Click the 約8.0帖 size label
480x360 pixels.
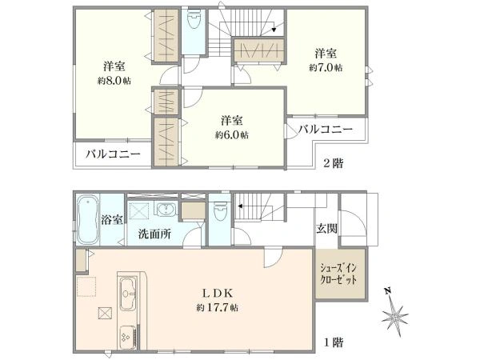[114, 81]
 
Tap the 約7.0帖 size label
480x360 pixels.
[326, 68]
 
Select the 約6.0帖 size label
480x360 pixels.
[232, 134]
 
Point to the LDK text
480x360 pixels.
[218, 294]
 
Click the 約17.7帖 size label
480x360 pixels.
[218, 307]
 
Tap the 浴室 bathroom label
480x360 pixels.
[112, 220]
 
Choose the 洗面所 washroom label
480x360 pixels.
[154, 234]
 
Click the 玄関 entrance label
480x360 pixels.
[327, 228]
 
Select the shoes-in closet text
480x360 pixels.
[338, 274]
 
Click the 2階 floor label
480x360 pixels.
[334, 164]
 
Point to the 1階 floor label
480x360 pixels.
[334, 342]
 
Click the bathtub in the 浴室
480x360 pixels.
[88, 220]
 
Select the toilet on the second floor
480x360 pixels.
[193, 19]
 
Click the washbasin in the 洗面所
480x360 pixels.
[167, 210]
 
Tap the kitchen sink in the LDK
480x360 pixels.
[128, 294]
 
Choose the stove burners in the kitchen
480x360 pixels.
[128, 337]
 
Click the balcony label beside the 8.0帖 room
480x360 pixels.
[113, 154]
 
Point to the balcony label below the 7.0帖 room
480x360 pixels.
[326, 129]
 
